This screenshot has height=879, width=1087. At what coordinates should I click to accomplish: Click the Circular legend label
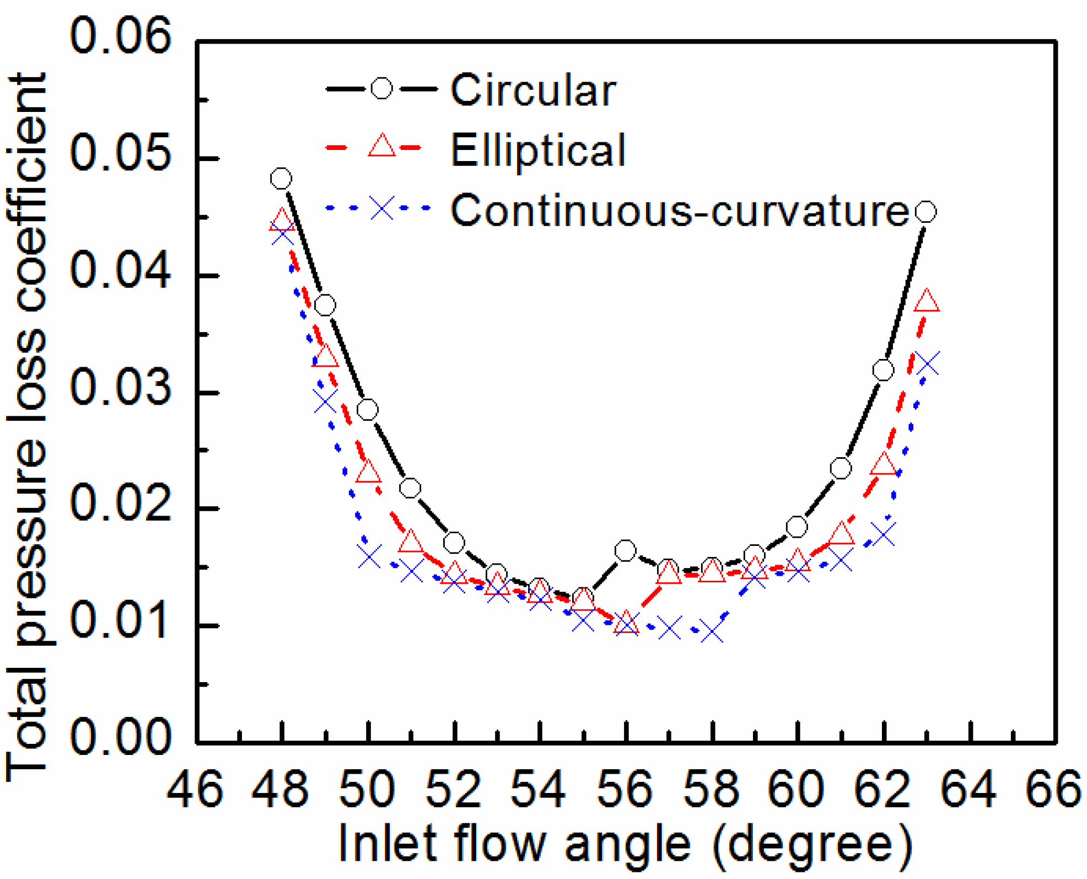[x=532, y=90]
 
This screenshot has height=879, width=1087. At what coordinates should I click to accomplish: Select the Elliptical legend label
[x=538, y=150]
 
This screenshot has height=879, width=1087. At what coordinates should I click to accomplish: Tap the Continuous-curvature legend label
[x=679, y=211]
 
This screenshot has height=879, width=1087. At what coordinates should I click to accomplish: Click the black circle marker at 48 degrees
[x=281, y=179]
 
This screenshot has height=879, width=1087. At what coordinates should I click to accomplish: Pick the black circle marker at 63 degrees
[x=925, y=212]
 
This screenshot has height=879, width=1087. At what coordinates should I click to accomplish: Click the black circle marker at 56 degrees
[x=626, y=550]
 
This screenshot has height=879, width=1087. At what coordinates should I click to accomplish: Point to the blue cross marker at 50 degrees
[x=369, y=556]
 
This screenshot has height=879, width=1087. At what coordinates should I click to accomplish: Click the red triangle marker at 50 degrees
[x=368, y=473]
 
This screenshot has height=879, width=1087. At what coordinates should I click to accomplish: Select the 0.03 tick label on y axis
[x=120, y=388]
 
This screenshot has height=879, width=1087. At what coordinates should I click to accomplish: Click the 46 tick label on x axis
[x=195, y=790]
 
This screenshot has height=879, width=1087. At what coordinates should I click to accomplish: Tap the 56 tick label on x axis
[x=625, y=790]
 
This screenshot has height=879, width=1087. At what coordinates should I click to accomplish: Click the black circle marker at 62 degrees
[x=883, y=370]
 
